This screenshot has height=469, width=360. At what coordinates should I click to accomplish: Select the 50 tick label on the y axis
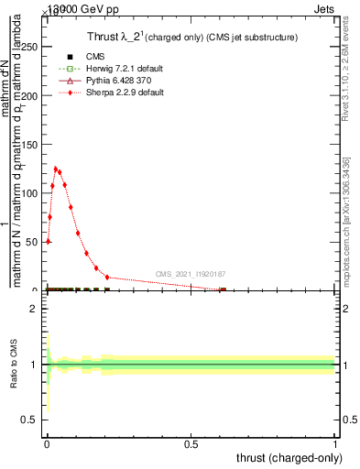point(31,242)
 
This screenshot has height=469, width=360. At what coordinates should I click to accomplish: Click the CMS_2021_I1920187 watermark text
point(191,274)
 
